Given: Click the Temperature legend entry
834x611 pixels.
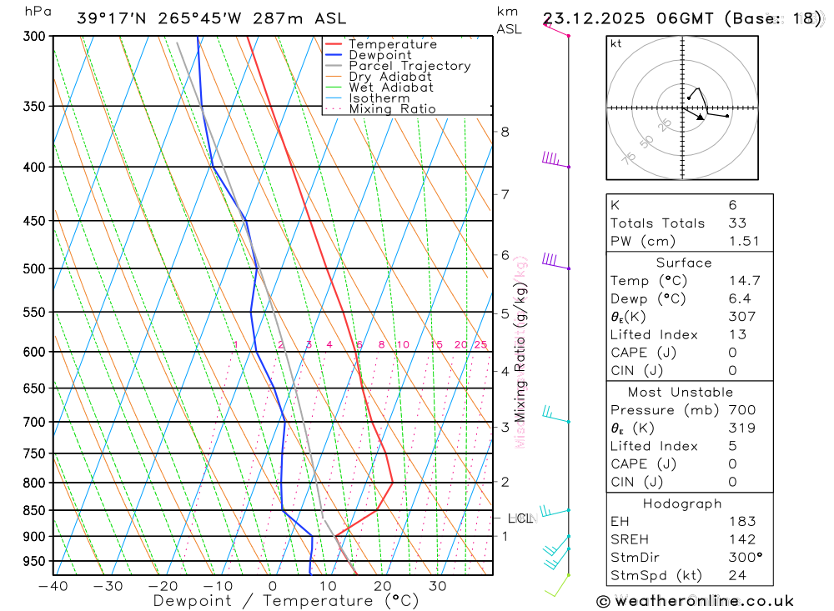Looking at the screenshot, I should pyautogui.click(x=392, y=44).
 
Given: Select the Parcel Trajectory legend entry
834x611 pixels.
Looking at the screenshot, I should pyautogui.click(x=409, y=66).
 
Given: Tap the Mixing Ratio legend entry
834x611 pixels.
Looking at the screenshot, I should pyautogui.click(x=392, y=109).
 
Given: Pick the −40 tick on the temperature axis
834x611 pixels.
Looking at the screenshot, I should pyautogui.click(x=53, y=586).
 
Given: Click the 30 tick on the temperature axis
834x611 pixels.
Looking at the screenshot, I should pyautogui.click(x=438, y=586).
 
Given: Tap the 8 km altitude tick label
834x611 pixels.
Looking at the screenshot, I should pyautogui.click(x=505, y=132).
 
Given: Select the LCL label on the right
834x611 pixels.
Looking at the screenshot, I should pyautogui.click(x=520, y=518).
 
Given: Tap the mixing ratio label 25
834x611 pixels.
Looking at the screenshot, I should pyautogui.click(x=480, y=344).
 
